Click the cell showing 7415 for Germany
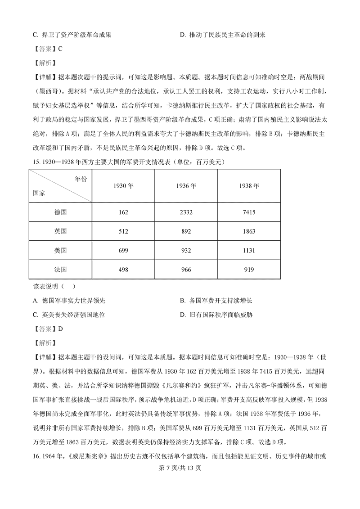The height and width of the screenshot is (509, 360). pos(249,212)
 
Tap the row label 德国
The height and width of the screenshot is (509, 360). pos(60,212)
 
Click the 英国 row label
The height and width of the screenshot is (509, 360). pos(60,231)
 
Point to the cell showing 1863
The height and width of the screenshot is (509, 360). pos(249,231)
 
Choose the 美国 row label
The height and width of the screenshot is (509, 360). pos(60,250)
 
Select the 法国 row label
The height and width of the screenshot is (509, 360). pos(60,269)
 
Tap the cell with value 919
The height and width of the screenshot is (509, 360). pos(249,269)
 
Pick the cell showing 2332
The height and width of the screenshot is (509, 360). pos(186,212)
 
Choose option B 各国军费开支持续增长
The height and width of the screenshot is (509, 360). pos(219,301)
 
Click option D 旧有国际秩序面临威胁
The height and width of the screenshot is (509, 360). pos(216,315)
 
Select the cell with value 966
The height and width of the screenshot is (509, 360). pos(186,269)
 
